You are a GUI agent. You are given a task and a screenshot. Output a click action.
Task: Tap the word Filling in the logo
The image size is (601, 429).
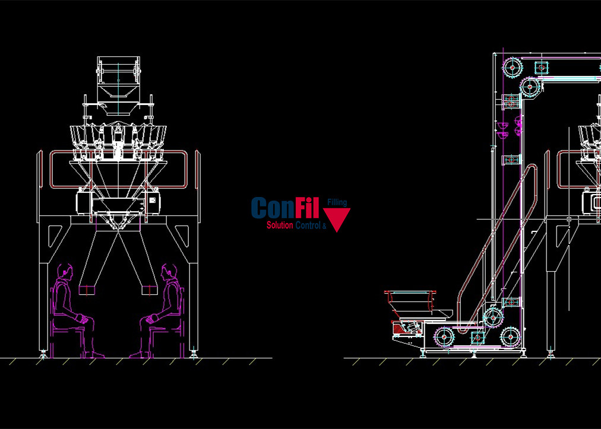[337, 203]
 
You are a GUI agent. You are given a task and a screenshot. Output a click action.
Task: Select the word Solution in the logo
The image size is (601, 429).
[280, 225]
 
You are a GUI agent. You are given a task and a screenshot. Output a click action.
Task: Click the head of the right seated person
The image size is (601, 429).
[167, 272]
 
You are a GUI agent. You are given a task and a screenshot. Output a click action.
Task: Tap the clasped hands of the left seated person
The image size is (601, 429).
[87, 319]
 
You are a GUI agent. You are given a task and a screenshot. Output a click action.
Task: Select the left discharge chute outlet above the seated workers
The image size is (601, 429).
[87, 290]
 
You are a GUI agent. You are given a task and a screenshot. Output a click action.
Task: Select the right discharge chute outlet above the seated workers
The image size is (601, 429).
[148, 290]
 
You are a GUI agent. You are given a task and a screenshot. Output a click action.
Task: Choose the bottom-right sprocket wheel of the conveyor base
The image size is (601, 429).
[510, 336]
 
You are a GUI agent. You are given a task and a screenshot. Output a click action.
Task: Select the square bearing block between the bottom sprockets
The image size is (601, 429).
[476, 337]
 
